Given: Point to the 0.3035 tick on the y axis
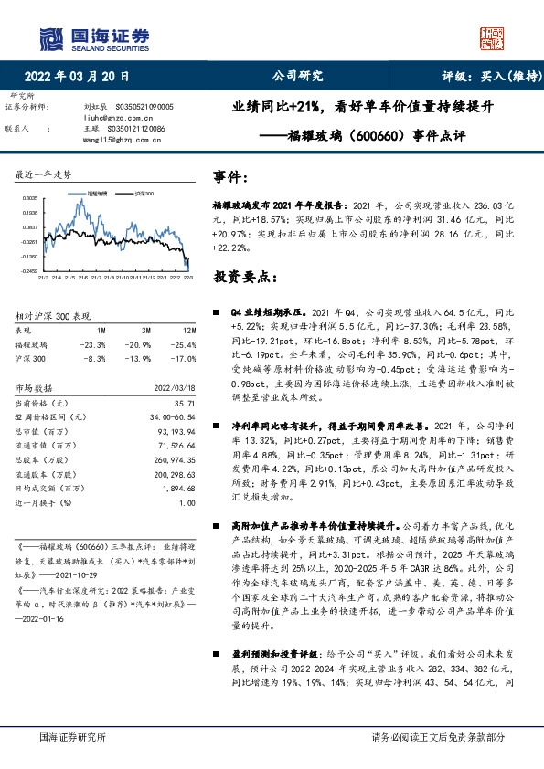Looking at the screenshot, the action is click(x=29, y=197).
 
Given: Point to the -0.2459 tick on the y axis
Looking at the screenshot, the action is click(x=29, y=271).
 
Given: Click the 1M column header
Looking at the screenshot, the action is click(x=101, y=329).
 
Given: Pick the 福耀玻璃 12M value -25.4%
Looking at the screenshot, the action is click(x=183, y=344).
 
